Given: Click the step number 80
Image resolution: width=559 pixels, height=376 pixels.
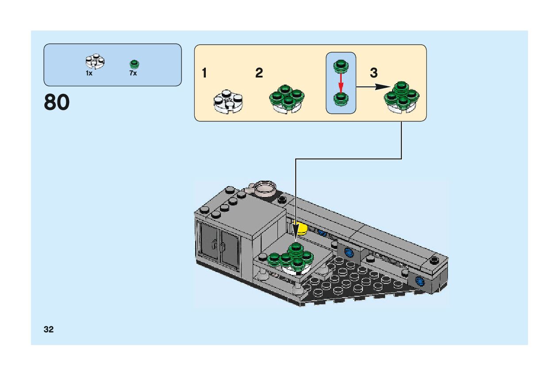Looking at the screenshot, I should click(57, 103).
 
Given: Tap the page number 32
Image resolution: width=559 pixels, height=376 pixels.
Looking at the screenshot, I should click(49, 329).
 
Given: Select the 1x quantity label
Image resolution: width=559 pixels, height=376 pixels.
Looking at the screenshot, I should click(89, 74).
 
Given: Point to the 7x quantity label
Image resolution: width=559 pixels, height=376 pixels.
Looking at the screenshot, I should click(133, 74).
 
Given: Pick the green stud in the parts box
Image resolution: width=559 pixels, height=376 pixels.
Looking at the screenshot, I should click(134, 64).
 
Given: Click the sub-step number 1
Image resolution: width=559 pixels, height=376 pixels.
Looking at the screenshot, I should click(204, 73).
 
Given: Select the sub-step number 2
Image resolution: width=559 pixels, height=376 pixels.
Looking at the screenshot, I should click(259, 73).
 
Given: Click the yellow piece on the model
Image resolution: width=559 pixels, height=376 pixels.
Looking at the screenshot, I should click(302, 229).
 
